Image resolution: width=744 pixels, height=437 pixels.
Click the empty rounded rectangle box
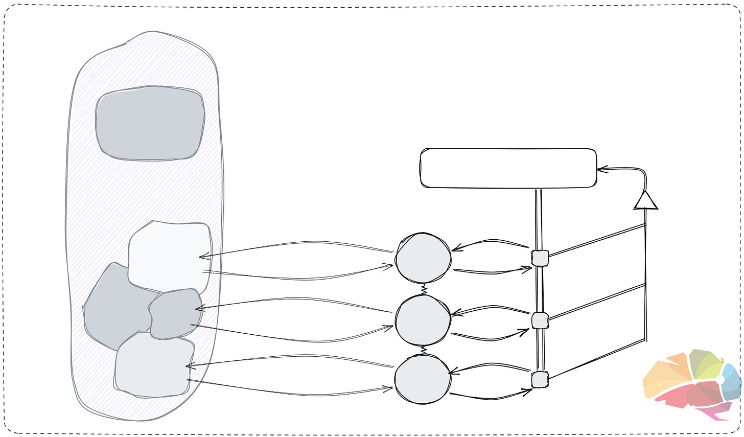coord(508,168)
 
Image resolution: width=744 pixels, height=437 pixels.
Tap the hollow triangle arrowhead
coord(646,200)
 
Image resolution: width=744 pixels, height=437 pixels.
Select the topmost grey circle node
coord(423,258)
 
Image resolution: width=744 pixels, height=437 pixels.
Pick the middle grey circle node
coord(423,320)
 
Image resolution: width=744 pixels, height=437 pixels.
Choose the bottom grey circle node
coord(423,379)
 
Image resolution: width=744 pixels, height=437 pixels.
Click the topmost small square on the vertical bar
coord(540,258)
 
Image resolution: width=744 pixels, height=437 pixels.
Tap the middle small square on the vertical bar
coord(540,320)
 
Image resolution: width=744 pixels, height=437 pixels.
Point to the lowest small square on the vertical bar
coord(540,380)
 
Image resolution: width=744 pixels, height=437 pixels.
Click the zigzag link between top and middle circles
coord(424,290)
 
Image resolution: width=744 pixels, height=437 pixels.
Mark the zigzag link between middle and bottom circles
coord(423,351)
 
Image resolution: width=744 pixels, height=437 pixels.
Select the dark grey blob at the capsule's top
coord(150,123)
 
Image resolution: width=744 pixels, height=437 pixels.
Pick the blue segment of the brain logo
coord(732,381)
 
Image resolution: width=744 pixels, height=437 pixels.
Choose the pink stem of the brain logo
coord(715,412)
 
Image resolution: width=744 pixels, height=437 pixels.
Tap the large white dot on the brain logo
coord(720,379)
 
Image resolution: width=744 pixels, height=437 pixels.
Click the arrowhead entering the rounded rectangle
coord(601,168)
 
